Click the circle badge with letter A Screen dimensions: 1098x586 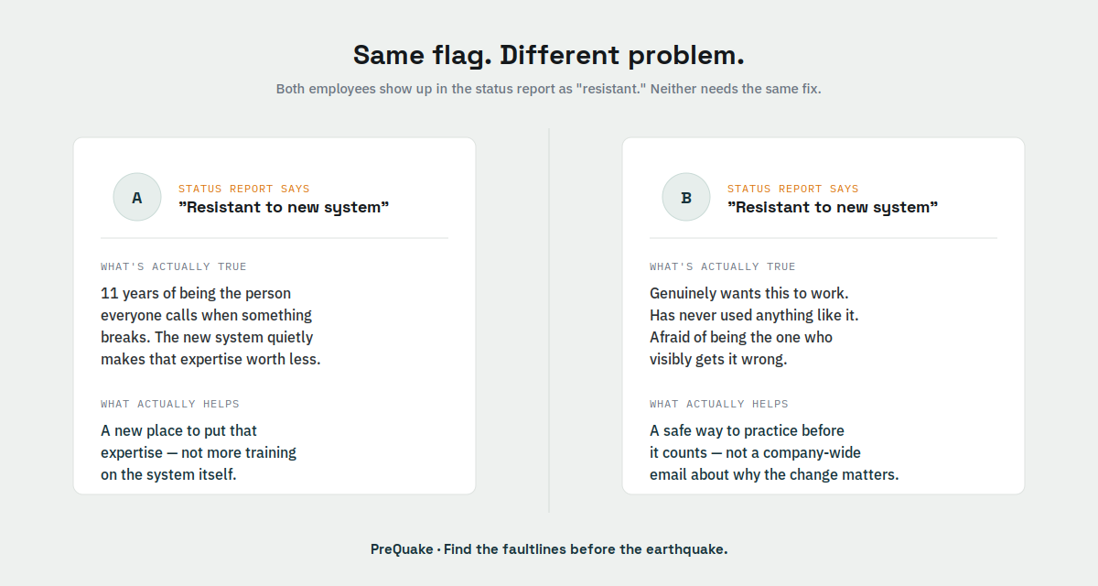point(137,197)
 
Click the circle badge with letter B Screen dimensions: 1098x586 point(686,197)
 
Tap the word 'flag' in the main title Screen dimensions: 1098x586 point(462,56)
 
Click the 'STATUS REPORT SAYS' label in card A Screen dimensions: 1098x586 point(244,189)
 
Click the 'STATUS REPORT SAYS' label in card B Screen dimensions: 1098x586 point(793,189)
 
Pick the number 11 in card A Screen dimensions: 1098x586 point(109,293)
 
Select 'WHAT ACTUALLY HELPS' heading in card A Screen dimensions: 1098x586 point(170,404)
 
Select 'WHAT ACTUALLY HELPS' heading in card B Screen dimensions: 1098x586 point(719,404)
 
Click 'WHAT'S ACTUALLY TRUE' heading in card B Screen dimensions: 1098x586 point(723,266)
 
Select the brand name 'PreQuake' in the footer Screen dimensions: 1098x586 point(402,549)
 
